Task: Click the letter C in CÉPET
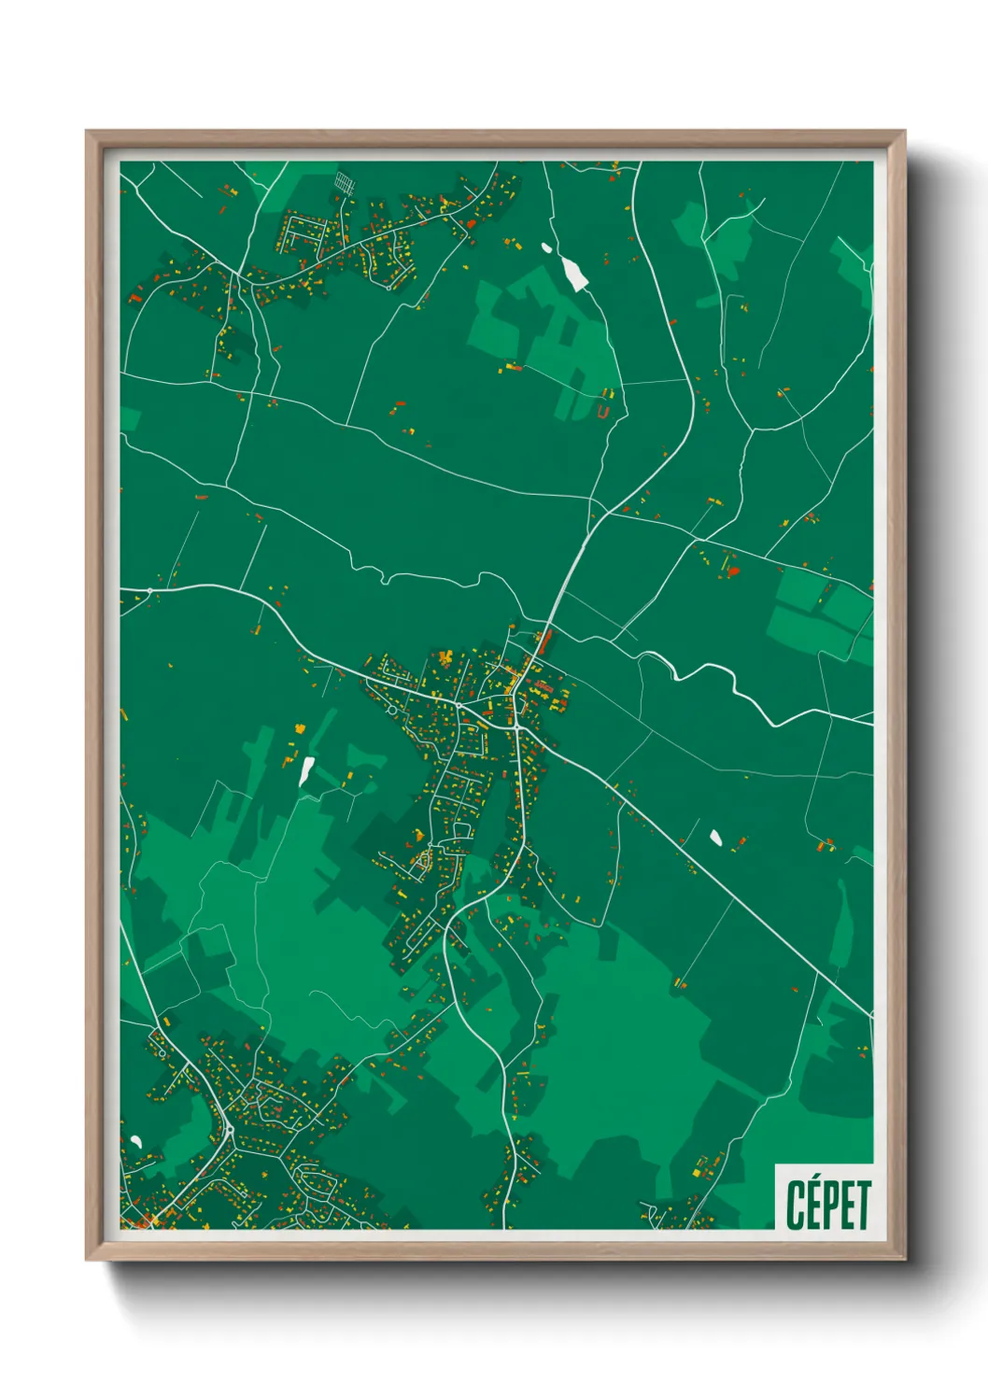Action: pos(795,1206)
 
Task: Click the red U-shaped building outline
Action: pos(603,411)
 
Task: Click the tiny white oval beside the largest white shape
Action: pos(546,248)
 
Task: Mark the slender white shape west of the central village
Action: pos(305,771)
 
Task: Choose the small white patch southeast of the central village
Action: pos(716,837)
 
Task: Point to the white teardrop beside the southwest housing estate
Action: pos(136,1140)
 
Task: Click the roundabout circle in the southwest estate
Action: pos(230,1131)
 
